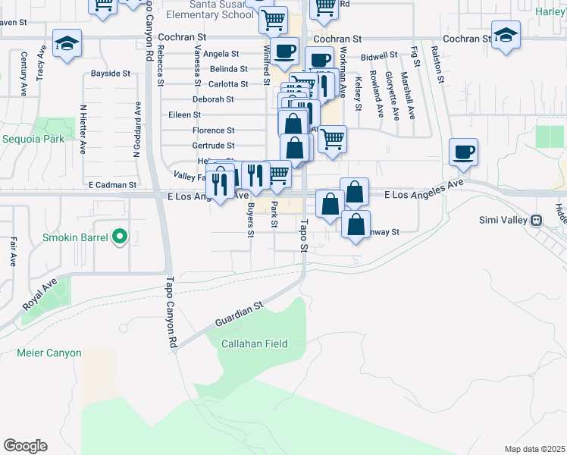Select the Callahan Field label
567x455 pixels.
pyautogui.click(x=254, y=344)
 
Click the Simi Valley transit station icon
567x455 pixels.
pyautogui.click(x=536, y=220)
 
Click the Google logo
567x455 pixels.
pyautogui.click(x=25, y=446)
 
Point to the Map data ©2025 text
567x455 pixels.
pyautogui.click(x=534, y=449)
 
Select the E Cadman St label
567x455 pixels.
pyautogui.click(x=111, y=184)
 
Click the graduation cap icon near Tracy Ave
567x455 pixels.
pyautogui.click(x=67, y=44)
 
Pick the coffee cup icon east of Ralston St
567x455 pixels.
pyautogui.click(x=464, y=152)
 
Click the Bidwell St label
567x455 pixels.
pyautogui.click(x=379, y=56)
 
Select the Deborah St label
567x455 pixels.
pyautogui.click(x=213, y=99)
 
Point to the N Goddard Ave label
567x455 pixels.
pyautogui.click(x=137, y=129)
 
